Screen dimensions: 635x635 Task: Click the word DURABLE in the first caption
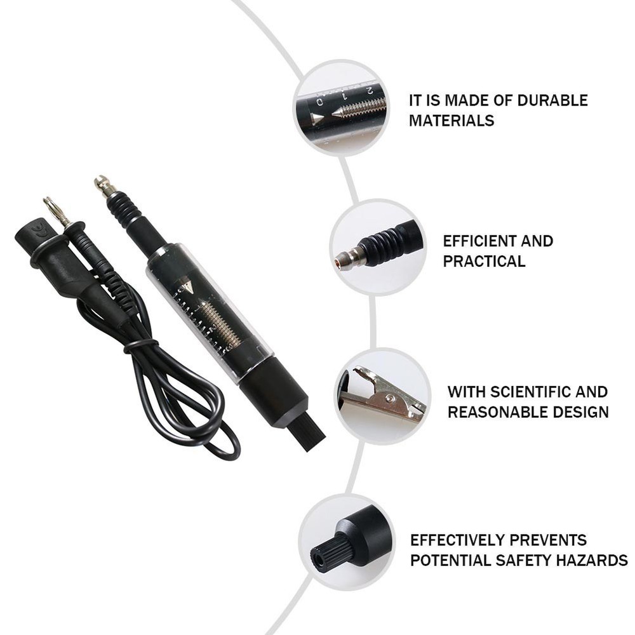(x=552, y=100)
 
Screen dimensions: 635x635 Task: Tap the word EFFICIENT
(x=472, y=241)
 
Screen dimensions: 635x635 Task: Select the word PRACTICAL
(x=484, y=261)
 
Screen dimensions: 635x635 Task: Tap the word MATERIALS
(x=451, y=121)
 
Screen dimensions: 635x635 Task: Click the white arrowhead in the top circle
(x=317, y=118)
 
